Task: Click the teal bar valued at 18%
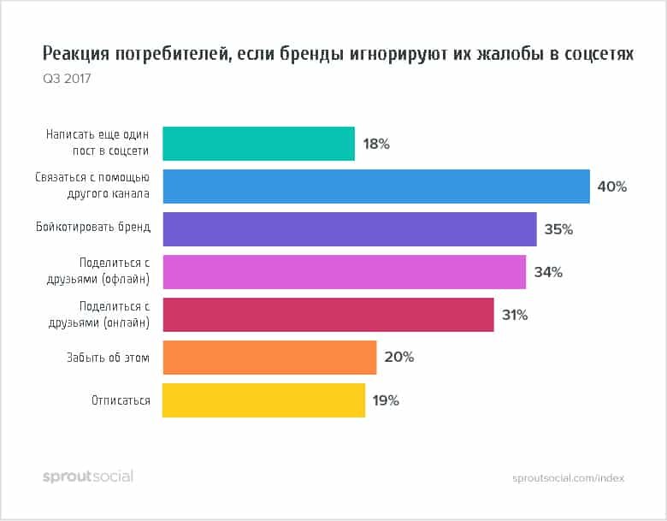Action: click(x=258, y=144)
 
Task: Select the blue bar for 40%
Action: click(x=375, y=186)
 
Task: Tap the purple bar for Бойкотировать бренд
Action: click(x=349, y=229)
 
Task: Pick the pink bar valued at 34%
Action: click(x=344, y=272)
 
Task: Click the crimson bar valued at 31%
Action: click(x=328, y=315)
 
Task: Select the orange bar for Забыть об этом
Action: click(x=269, y=358)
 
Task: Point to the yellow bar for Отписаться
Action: click(x=263, y=400)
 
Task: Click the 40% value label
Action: click(x=612, y=186)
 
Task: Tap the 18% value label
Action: click(x=376, y=144)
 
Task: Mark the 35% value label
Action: click(x=558, y=229)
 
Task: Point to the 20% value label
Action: click(x=398, y=358)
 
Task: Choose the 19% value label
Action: click(x=386, y=400)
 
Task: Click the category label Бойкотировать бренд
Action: click(x=94, y=228)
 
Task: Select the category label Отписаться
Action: click(x=121, y=400)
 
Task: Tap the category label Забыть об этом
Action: click(x=108, y=358)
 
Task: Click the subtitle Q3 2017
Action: click(x=66, y=80)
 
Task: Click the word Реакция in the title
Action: click(x=77, y=55)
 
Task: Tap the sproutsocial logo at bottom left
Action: click(x=88, y=477)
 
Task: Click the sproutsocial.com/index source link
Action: click(x=569, y=478)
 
